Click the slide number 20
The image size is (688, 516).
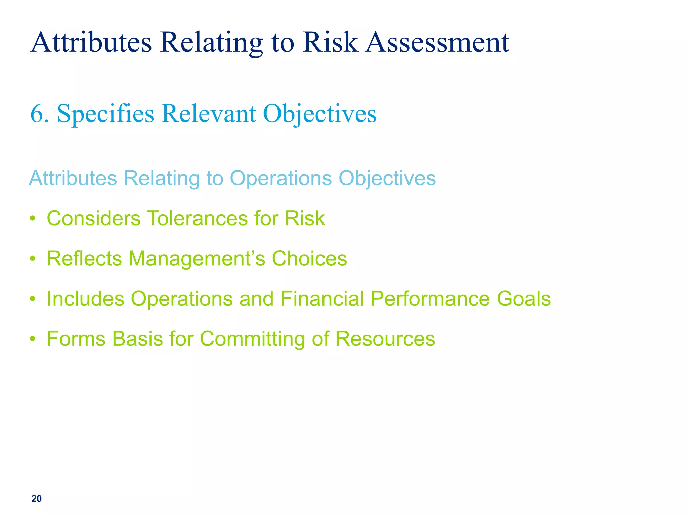[36, 499]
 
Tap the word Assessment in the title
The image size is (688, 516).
[437, 42]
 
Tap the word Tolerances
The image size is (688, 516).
[197, 218]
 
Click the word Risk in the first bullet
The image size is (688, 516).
[305, 218]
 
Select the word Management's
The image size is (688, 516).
[197, 259]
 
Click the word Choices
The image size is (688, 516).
[309, 259]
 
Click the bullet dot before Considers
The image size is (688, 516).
[32, 219]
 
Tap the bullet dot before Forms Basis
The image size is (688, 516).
[32, 339]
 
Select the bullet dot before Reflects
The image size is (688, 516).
[32, 259]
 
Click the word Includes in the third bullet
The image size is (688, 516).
[85, 299]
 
